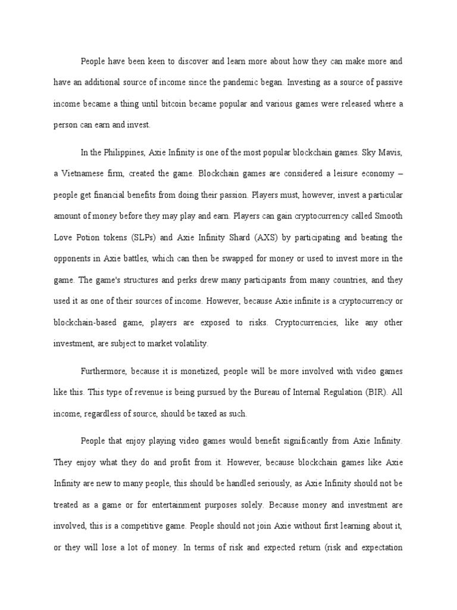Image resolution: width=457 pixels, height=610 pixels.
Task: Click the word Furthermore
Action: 104,371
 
